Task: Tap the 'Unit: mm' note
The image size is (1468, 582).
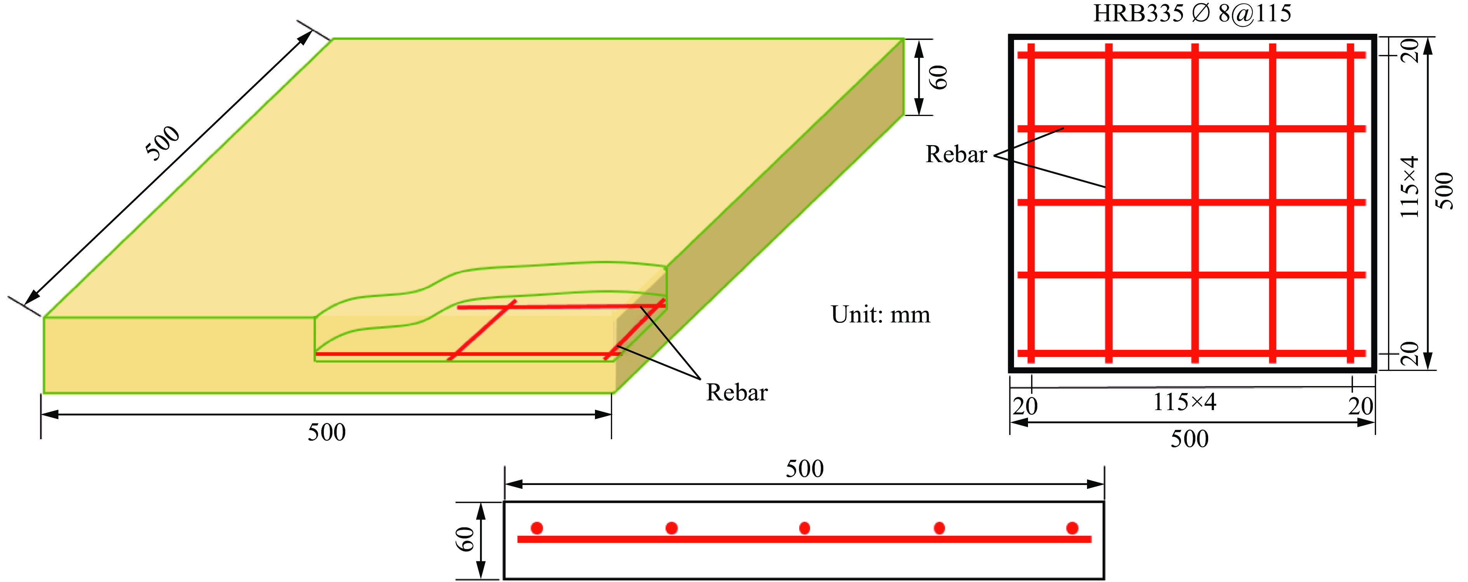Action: tap(880, 314)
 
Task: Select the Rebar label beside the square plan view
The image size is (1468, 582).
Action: tap(956, 154)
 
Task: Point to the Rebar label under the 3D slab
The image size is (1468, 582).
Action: tap(736, 392)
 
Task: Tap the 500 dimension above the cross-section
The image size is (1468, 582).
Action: tap(804, 469)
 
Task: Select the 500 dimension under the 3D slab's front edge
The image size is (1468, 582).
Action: tap(327, 432)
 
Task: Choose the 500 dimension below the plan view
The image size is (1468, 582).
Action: tap(1189, 439)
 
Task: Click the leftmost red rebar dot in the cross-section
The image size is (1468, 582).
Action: tap(537, 528)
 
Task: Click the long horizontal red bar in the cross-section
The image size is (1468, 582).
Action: tap(804, 539)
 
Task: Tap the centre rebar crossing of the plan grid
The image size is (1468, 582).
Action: tap(1195, 202)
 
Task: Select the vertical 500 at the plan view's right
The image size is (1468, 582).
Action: tap(1445, 191)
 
